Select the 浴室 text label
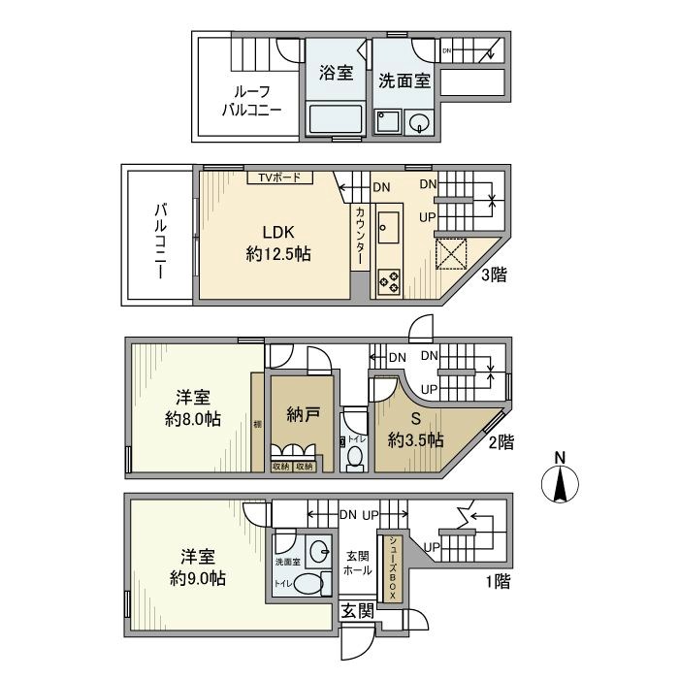336,74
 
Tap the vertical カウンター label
360,238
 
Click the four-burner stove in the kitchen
388,279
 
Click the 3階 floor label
493,275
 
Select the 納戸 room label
303,414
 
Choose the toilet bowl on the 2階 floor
355,457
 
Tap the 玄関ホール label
359,564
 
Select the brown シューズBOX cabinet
392,566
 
